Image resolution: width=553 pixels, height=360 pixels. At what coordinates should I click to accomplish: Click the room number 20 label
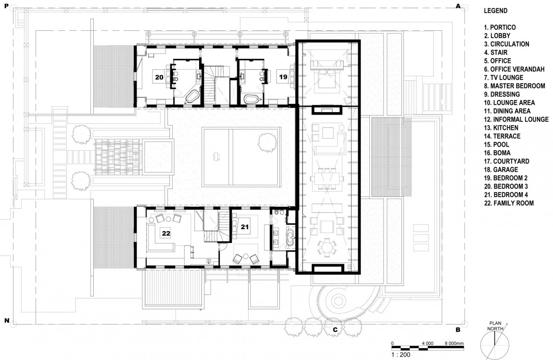coord(159,77)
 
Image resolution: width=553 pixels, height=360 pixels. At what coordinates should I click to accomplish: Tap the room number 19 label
coord(283,77)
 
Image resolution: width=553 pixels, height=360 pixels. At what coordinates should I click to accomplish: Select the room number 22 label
coord(166,233)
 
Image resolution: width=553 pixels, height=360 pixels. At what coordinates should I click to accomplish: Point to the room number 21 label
coord(245,227)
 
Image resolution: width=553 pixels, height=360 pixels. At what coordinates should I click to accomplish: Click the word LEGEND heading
coord(495,11)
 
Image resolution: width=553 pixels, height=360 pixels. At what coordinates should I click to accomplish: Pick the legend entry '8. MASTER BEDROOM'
coord(515,86)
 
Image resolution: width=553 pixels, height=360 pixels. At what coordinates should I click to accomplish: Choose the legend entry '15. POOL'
coord(497,144)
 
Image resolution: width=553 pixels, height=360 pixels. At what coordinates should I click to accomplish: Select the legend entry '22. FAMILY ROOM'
coord(509,203)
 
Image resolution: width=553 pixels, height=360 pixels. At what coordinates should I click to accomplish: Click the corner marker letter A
coord(458,6)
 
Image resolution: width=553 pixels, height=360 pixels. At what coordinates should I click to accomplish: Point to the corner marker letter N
coord(6,321)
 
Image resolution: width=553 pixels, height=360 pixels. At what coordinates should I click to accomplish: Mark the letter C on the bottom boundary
coord(335,330)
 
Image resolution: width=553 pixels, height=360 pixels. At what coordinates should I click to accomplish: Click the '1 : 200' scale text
coord(401,355)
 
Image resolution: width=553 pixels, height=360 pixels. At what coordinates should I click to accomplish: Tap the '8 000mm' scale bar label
coord(454,344)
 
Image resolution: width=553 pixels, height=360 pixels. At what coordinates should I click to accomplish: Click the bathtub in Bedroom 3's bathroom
coord(192,97)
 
